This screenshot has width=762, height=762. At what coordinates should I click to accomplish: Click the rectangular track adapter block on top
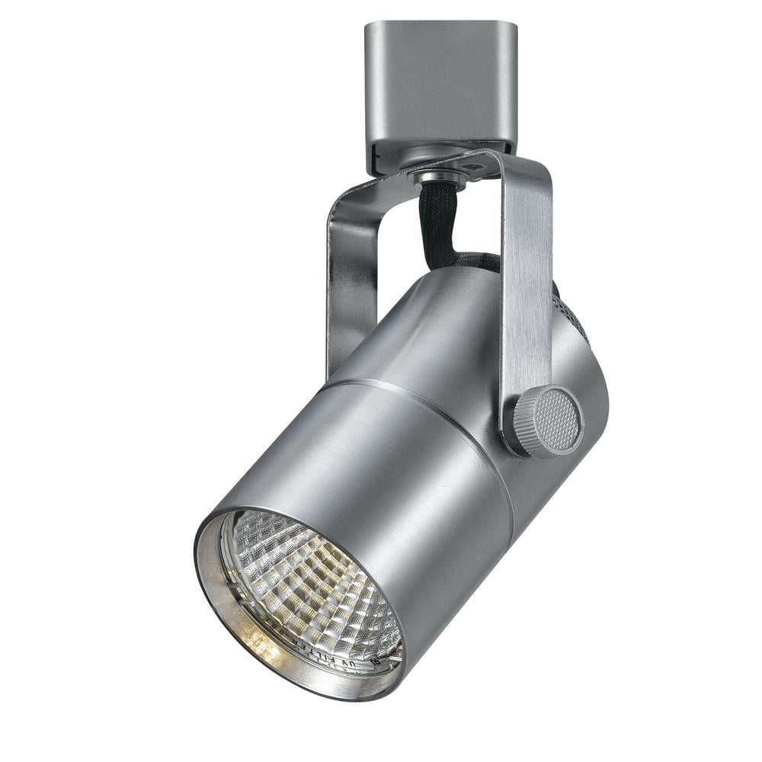point(440,84)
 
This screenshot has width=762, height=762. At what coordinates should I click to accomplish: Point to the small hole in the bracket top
point(478,162)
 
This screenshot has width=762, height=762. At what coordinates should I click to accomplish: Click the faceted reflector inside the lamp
point(305,579)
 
